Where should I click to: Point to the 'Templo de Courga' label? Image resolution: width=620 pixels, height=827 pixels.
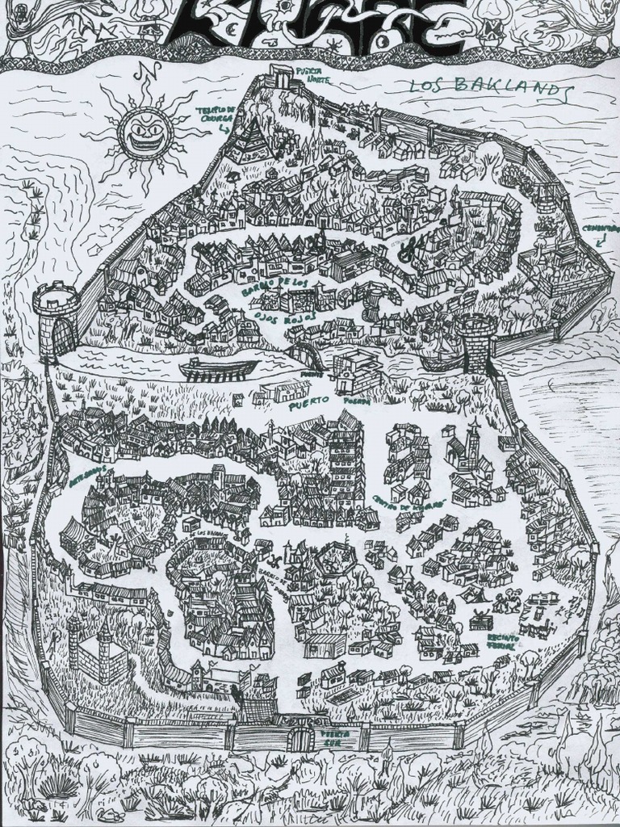point(215,113)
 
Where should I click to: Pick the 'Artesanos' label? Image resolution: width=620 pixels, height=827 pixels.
point(87,475)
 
